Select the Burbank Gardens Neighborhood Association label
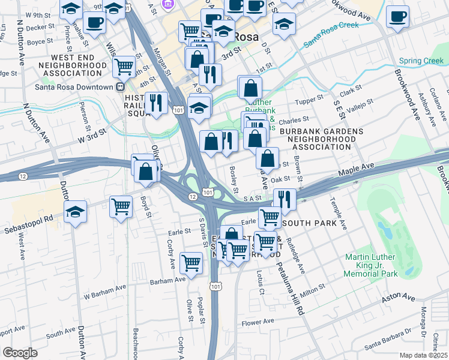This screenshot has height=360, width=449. [x=321, y=139]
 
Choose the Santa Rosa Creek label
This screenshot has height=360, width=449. [x=331, y=35]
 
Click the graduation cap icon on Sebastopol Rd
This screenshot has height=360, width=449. [x=76, y=212]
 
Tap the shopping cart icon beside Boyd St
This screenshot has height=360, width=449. [x=121, y=206]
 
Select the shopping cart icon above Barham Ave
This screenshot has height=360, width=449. [x=191, y=262]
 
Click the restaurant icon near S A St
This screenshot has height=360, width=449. [x=285, y=199]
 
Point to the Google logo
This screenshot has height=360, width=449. [x=20, y=352]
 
